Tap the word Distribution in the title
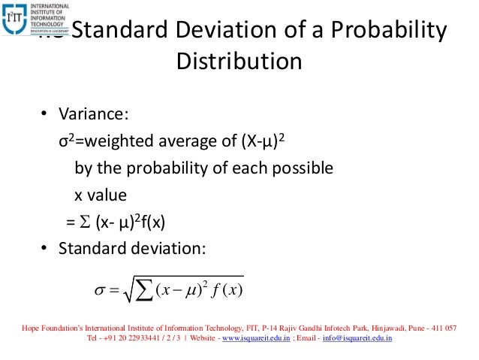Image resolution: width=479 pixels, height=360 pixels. (239, 60)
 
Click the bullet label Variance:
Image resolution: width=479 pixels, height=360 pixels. (94, 115)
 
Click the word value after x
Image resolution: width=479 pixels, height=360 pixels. (106, 194)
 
